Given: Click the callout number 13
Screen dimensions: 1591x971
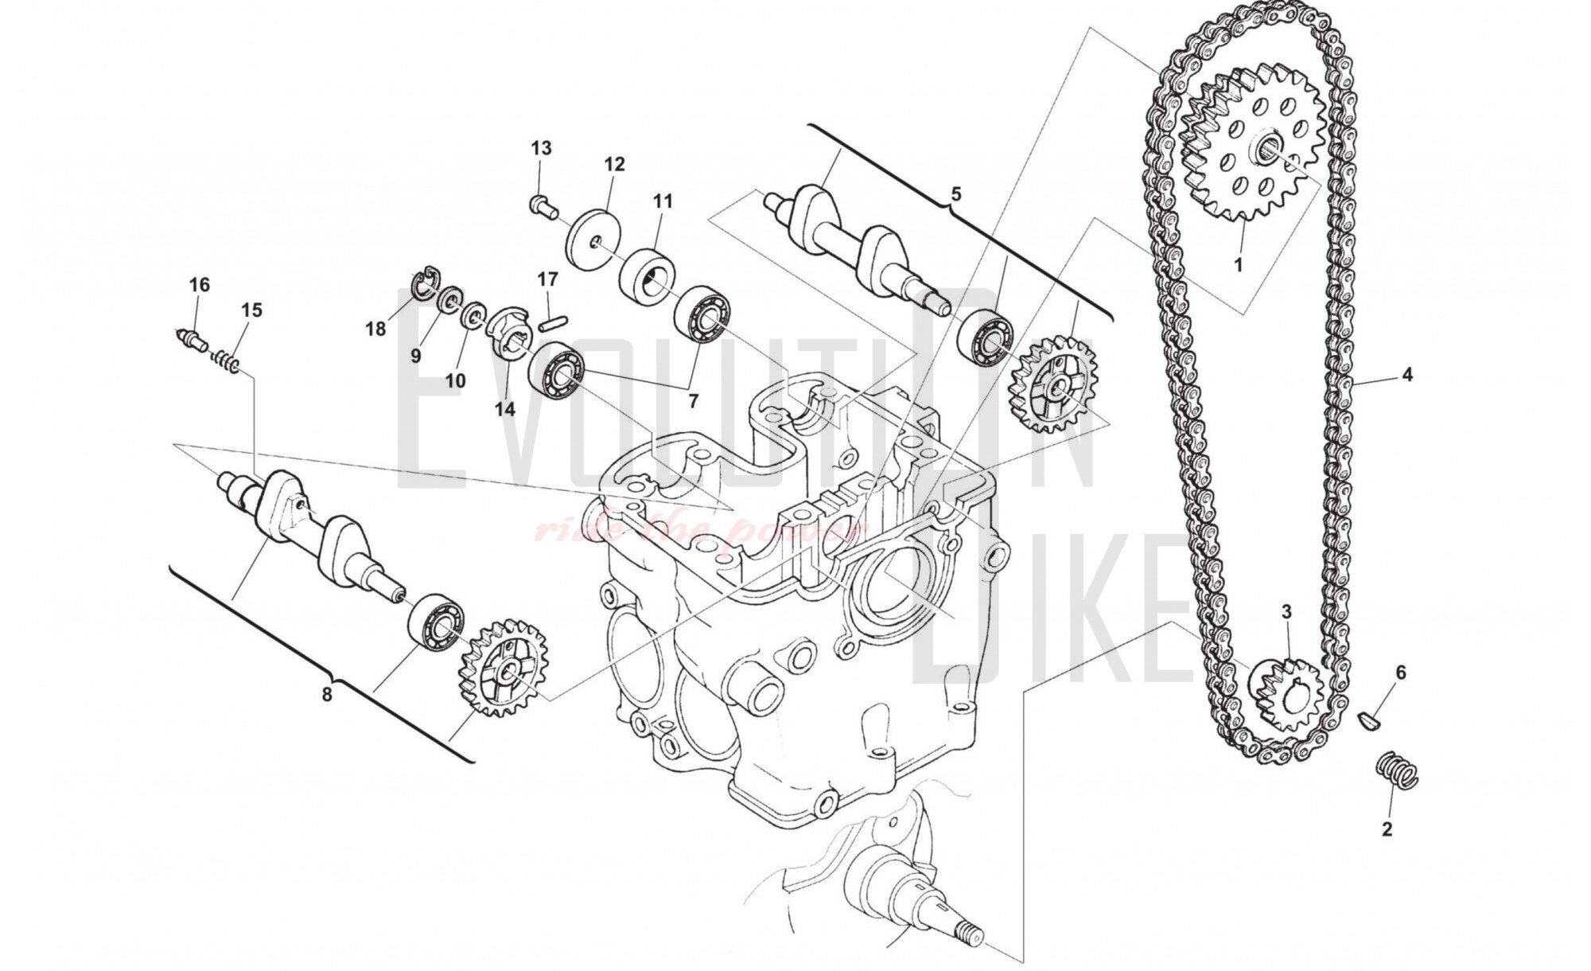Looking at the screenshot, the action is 541,148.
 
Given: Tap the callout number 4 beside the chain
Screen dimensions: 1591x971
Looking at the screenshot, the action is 1407,374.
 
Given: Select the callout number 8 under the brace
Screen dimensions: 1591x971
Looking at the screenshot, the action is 327,694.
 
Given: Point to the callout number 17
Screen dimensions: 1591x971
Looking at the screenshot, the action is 547,279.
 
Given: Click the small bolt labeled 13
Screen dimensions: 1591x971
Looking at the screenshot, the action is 541,204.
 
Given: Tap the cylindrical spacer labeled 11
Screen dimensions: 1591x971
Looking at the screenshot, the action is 648,275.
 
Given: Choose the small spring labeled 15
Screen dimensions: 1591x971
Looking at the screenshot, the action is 226,363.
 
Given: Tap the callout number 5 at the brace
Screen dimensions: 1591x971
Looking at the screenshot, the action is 956,193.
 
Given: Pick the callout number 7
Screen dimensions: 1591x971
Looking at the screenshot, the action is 693,401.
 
